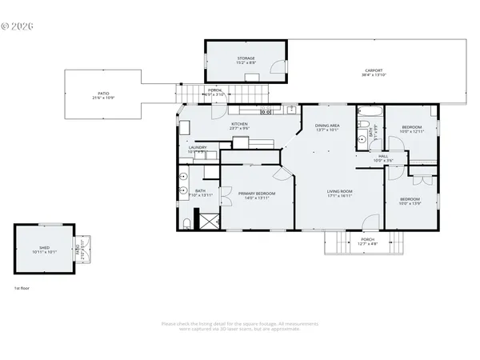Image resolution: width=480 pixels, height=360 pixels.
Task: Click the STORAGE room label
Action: pyautogui.click(x=246, y=58)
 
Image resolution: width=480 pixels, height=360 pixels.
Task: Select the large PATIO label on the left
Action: pyautogui.click(x=102, y=94)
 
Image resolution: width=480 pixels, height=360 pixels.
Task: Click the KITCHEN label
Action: pyautogui.click(x=240, y=124)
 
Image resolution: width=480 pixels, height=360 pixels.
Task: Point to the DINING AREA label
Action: pyautogui.click(x=327, y=125)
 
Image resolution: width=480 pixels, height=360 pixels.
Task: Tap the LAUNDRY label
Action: pyautogui.click(x=198, y=147)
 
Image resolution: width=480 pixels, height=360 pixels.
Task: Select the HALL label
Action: pyautogui.click(x=383, y=157)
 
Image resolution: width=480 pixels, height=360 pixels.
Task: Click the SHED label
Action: pyautogui.click(x=44, y=249)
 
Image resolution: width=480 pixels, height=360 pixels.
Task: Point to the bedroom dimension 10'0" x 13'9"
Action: pyautogui.click(x=410, y=203)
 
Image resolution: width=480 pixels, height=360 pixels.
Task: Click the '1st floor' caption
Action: pyautogui.click(x=22, y=287)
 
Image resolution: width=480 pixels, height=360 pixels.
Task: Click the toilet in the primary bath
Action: pyautogui.click(x=185, y=222)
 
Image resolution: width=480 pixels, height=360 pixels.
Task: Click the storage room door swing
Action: pyautogui.click(x=276, y=72)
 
